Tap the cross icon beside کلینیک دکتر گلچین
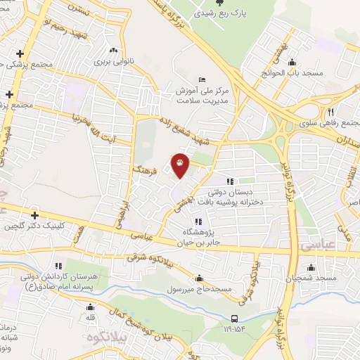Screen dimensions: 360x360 point(34,215)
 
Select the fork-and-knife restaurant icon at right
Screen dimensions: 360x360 point(330,112)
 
